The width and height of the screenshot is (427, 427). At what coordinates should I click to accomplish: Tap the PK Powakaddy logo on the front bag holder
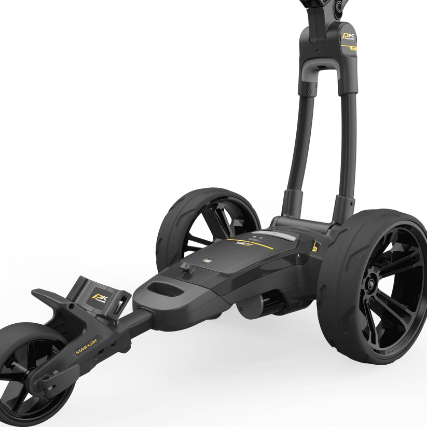click(x=98, y=297)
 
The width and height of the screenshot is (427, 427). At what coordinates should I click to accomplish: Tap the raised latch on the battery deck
click(x=185, y=268)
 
